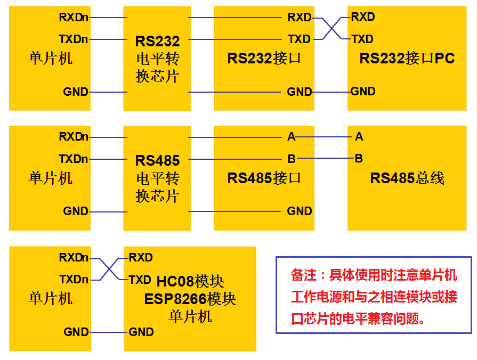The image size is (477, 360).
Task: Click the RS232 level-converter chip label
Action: click(157, 59)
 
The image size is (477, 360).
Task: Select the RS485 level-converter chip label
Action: click(157, 178)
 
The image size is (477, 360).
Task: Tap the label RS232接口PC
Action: click(407, 58)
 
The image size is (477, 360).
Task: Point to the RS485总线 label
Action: click(407, 178)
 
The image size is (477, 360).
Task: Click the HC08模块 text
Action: click(190, 281)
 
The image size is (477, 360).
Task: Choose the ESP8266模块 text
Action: click(190, 299)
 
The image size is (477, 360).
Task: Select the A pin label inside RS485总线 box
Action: click(359, 137)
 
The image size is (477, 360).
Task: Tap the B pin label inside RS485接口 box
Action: click(291, 159)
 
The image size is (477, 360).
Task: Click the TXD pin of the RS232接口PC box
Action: click(362, 39)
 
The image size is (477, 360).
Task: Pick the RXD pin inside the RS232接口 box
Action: click(299, 18)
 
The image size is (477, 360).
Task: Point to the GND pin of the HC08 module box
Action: click(141, 332)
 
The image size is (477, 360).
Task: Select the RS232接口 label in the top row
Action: click(264, 58)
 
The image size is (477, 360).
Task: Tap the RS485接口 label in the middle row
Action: click(264, 178)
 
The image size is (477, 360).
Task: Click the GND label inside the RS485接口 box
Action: click(300, 211)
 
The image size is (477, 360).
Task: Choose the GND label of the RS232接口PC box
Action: click(363, 92)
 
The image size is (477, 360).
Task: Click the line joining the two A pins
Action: click(325, 137)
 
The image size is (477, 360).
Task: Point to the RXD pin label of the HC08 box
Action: click(141, 258)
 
